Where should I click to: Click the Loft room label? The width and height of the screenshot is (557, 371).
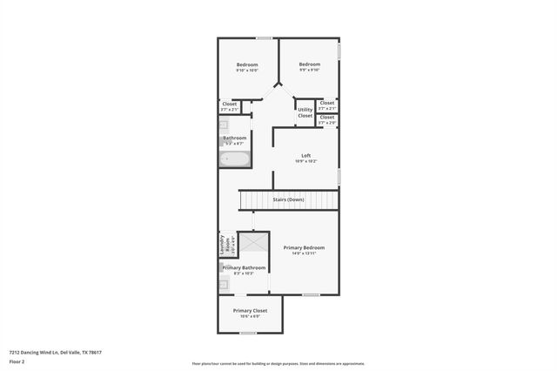(x=305, y=155)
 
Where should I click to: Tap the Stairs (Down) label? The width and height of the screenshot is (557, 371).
(x=289, y=200)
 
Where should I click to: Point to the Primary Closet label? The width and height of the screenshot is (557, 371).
(x=250, y=310)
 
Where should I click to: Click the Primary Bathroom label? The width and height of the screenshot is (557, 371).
(x=244, y=267)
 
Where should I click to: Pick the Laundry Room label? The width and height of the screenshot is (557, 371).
(x=222, y=245)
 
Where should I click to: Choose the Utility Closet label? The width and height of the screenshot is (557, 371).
(x=305, y=112)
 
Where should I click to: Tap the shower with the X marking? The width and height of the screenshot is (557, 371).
(x=254, y=243)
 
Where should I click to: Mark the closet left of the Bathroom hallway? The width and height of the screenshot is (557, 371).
(x=229, y=107)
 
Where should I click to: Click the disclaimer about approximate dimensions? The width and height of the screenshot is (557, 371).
(x=278, y=364)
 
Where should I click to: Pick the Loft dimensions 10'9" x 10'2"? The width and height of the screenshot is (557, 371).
(x=305, y=161)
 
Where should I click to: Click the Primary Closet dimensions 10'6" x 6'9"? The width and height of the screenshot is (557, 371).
(x=250, y=315)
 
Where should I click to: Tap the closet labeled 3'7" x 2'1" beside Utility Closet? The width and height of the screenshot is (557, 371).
(x=327, y=105)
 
